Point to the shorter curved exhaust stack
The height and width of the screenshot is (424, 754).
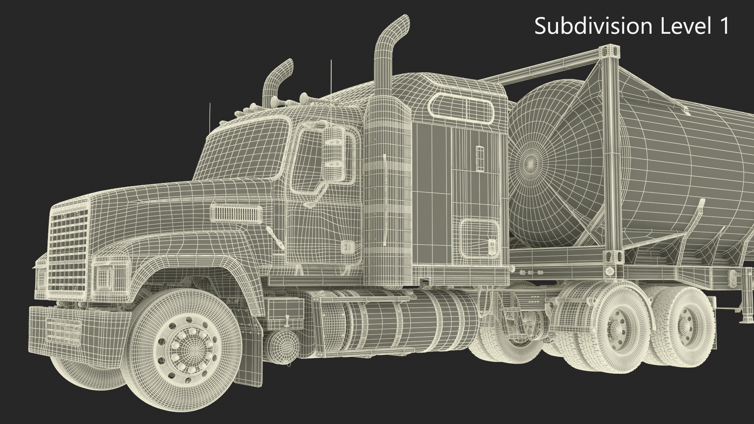(278, 79)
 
